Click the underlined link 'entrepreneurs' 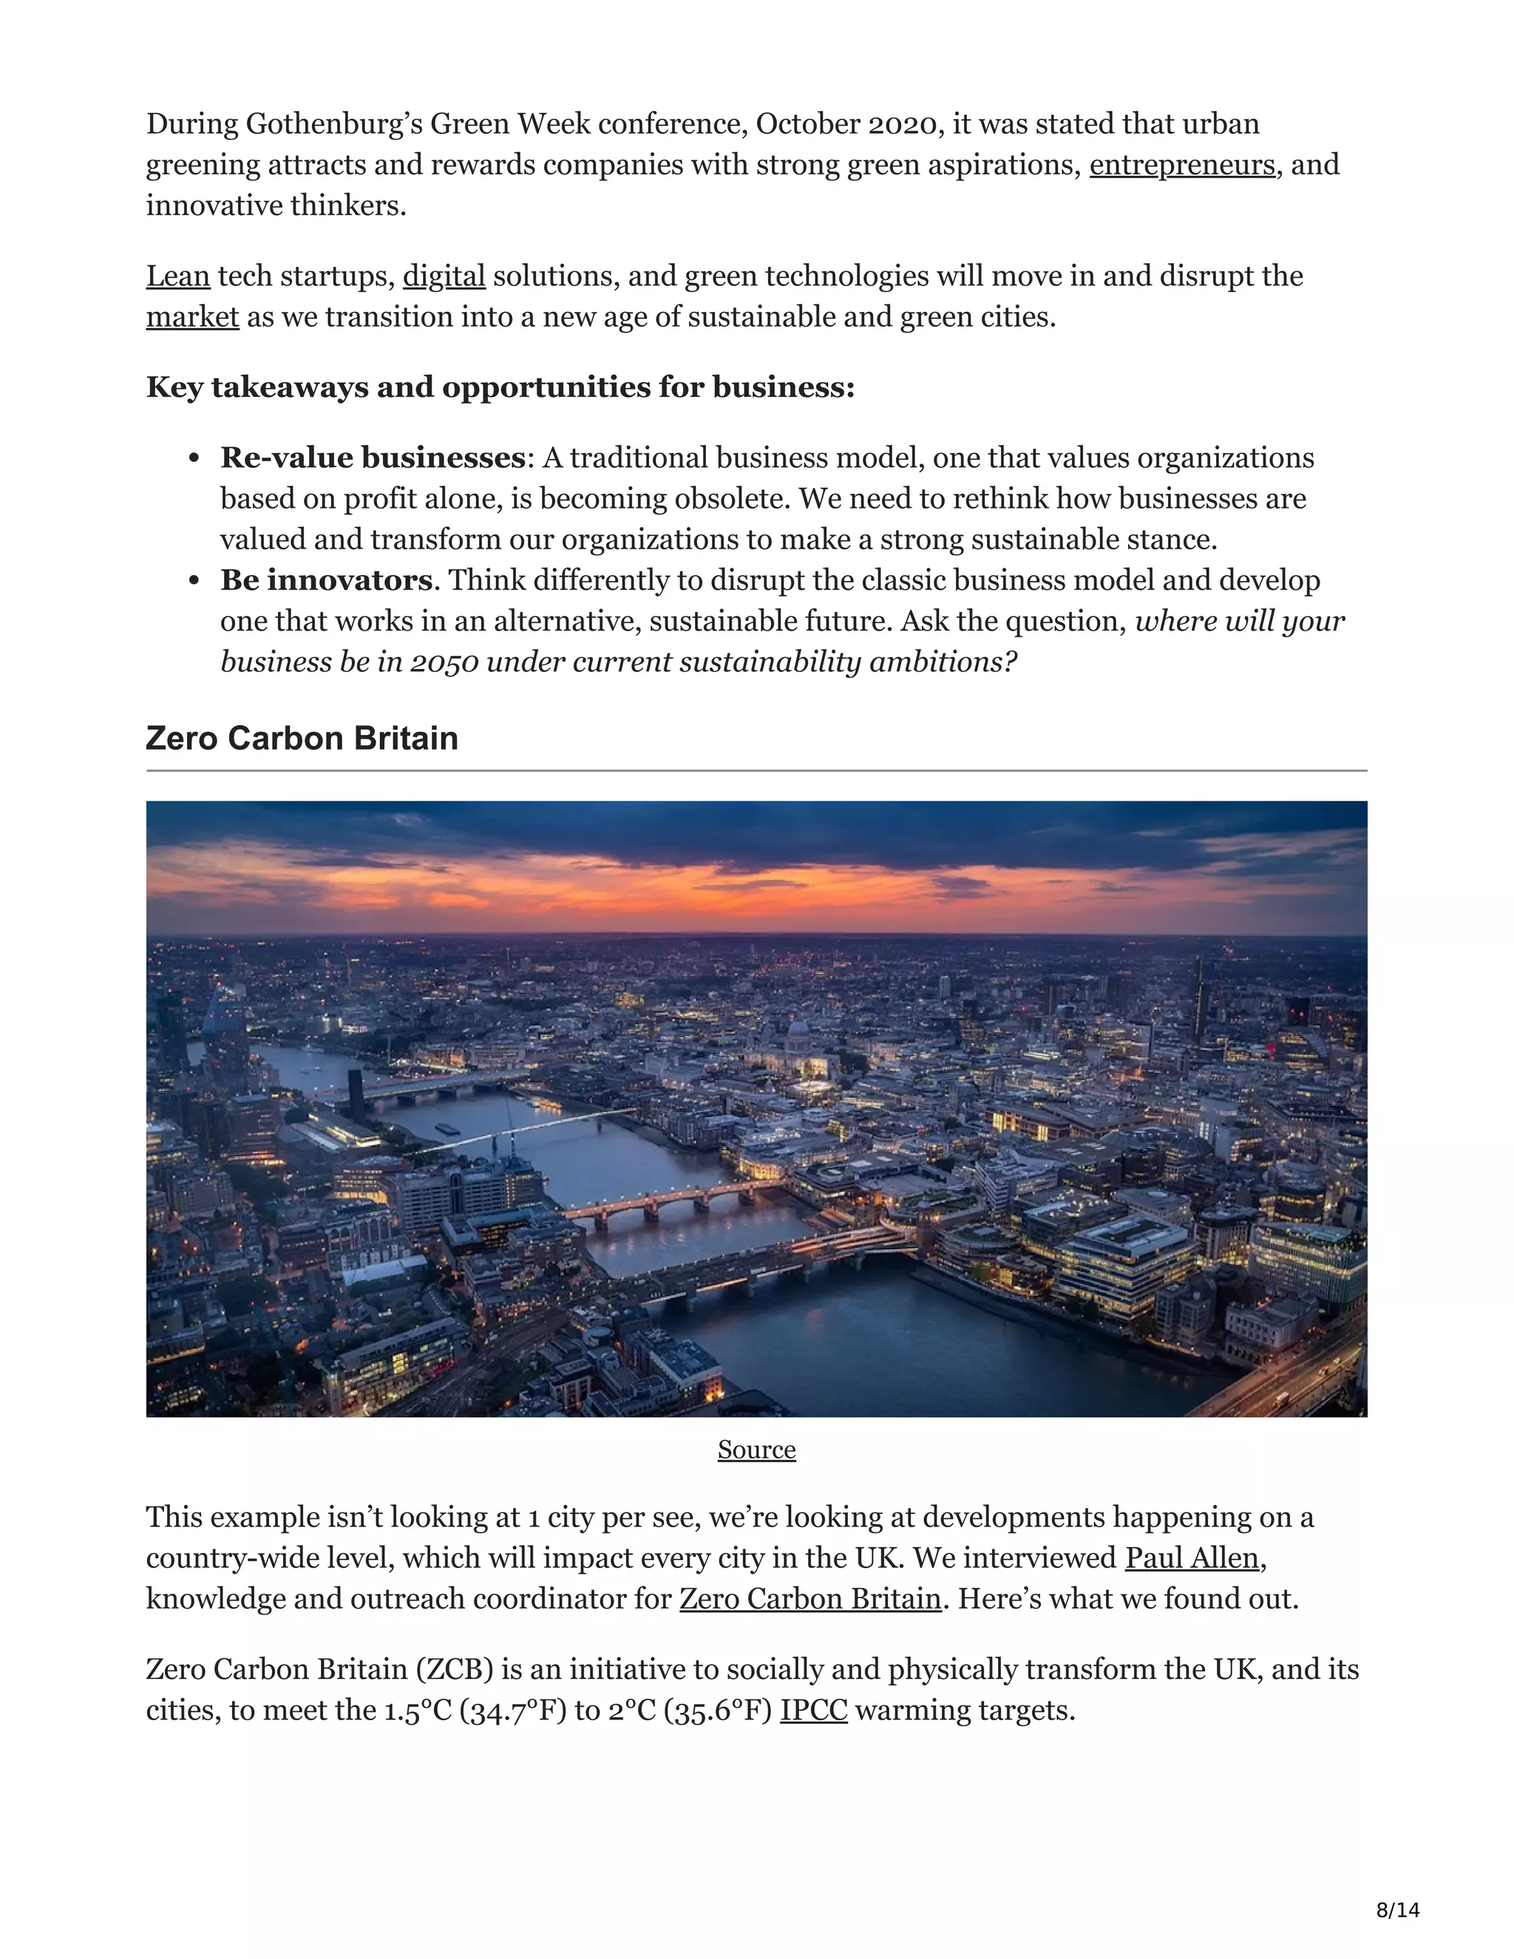pos(1181,165)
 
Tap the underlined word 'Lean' pos(177,276)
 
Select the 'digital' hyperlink pos(444,276)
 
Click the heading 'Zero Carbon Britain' pos(302,739)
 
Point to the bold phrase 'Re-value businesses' pos(373,458)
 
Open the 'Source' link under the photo pos(756,1450)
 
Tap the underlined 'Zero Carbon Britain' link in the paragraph pos(810,1599)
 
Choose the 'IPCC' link pos(813,1711)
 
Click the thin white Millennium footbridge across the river pos(529,1130)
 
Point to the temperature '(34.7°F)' pos(513,1711)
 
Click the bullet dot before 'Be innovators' pos(194,581)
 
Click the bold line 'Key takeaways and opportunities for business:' pos(500,387)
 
